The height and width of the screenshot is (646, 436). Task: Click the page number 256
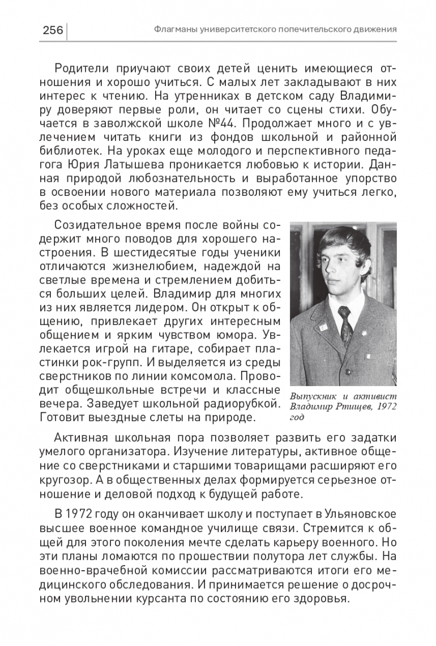click(53, 29)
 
